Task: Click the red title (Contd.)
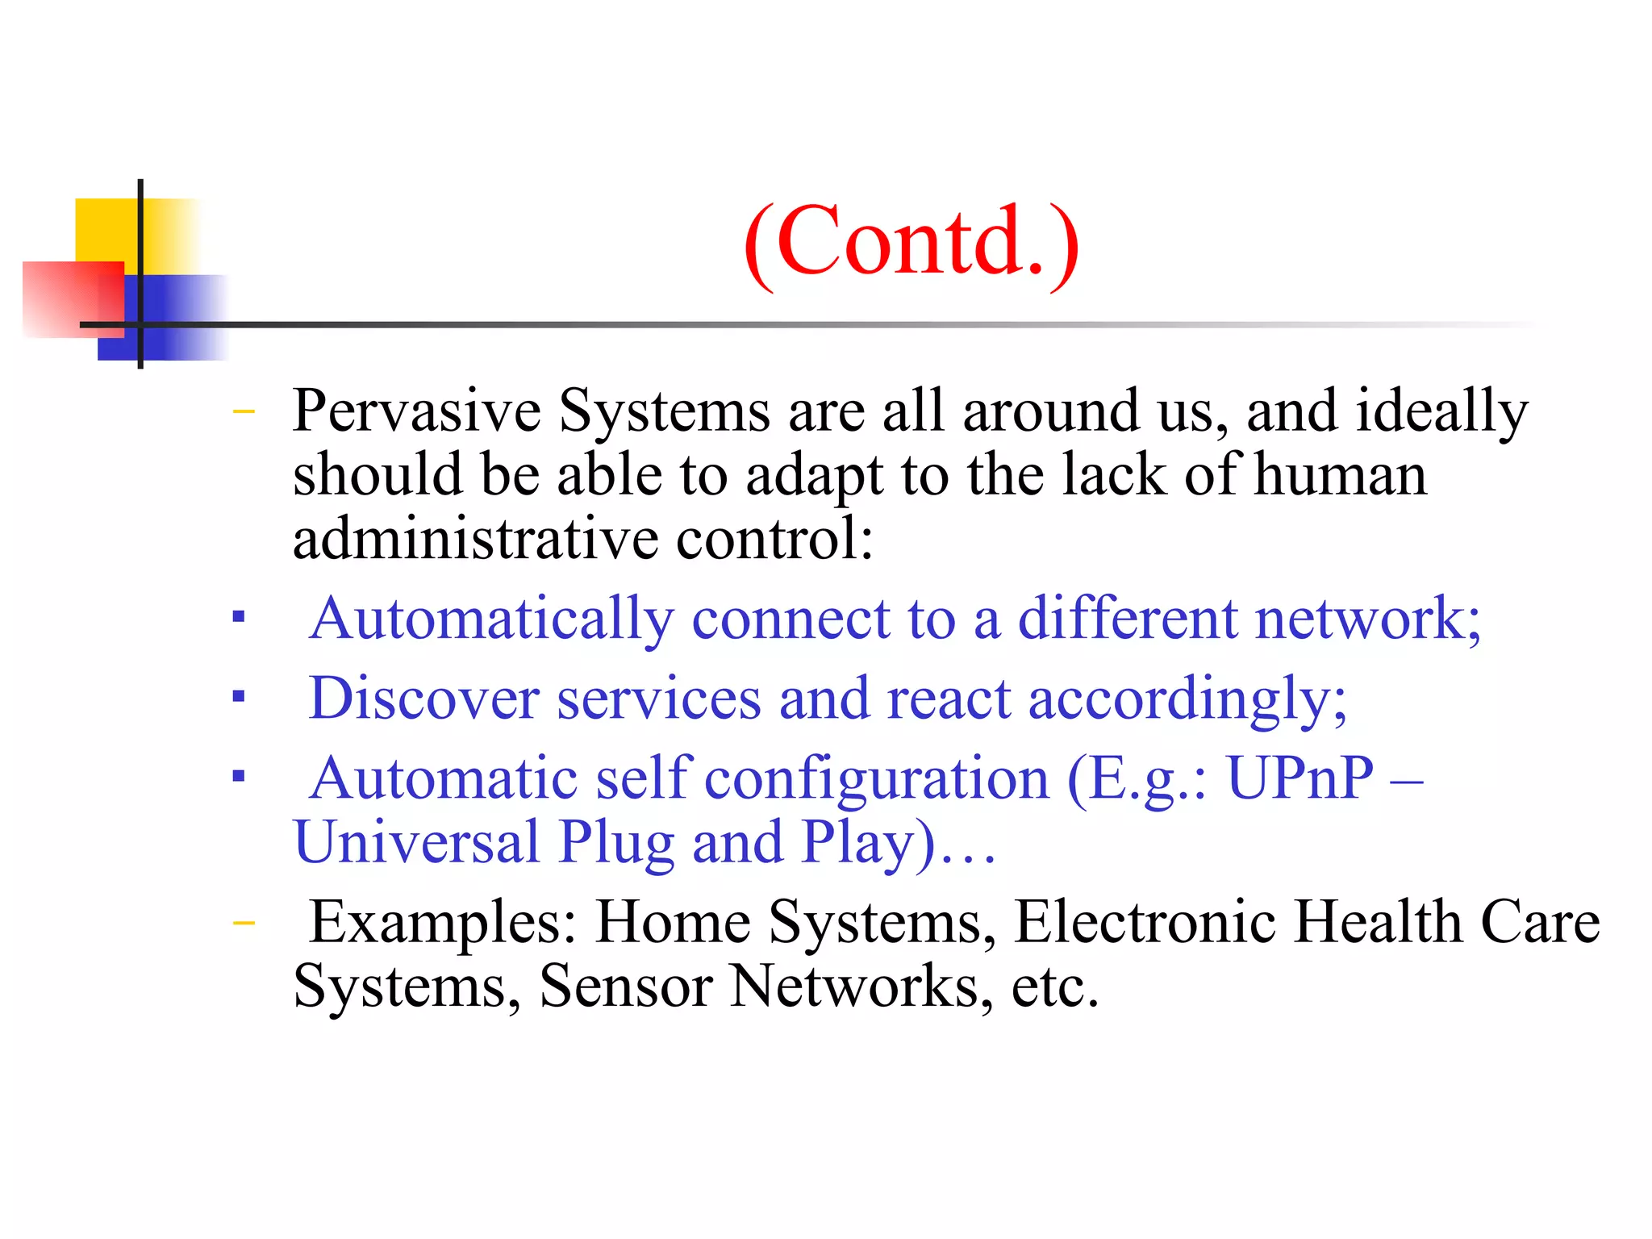[911, 241]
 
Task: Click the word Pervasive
[416, 411]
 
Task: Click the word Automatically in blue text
[491, 619]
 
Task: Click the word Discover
[424, 699]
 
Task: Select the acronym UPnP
[1299, 778]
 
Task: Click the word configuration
[877, 778]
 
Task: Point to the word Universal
[416, 842]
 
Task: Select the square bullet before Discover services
[238, 695]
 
